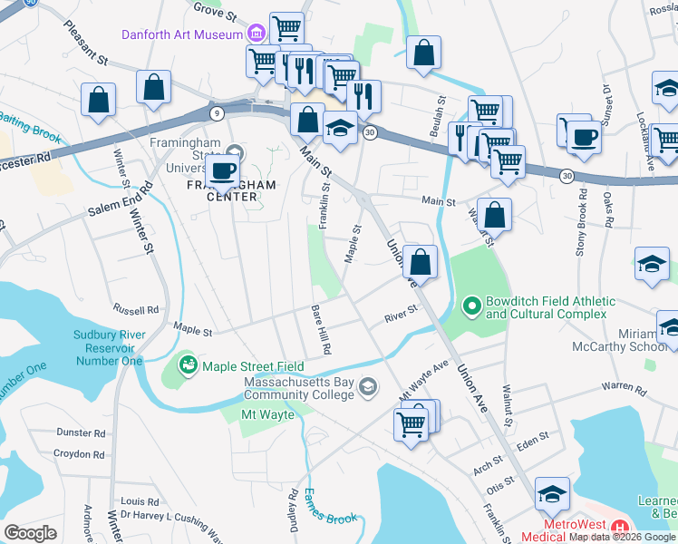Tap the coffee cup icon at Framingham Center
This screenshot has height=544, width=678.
[x=221, y=170]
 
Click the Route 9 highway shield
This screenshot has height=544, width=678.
[x=217, y=113]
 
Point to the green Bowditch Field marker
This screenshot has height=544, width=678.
[x=471, y=307]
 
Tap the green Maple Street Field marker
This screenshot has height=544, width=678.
[x=188, y=366]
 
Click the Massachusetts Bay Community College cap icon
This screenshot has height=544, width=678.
[x=367, y=388]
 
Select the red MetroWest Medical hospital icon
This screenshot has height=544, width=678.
[x=620, y=527]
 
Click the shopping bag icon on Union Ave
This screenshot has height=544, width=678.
[x=420, y=263]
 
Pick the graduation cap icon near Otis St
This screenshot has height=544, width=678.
[x=552, y=494]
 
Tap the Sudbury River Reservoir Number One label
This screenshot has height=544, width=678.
[x=108, y=347]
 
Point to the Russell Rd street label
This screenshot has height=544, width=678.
[x=140, y=307]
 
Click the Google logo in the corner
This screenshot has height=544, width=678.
[x=30, y=533]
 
